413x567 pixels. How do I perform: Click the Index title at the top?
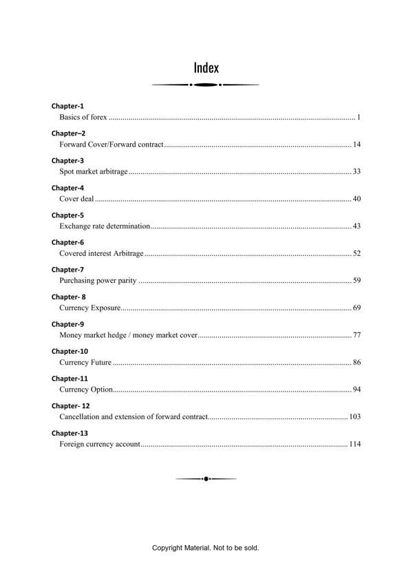pos(206,67)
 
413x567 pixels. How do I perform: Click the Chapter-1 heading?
pos(67,106)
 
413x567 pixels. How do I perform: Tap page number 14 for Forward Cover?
pos(357,145)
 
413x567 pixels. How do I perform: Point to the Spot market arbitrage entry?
pos(94,171)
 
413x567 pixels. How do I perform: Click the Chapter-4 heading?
pos(67,188)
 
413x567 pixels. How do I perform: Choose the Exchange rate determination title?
pos(105,226)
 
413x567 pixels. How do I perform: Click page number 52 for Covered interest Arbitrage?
pos(357,253)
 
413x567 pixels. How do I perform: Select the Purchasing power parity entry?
pos(98,281)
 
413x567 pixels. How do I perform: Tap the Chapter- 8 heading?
pos(68,297)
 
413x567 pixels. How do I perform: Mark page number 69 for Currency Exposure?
pos(357,308)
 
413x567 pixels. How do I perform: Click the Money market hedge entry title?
pos(128,335)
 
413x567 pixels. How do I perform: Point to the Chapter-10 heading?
pos(70,351)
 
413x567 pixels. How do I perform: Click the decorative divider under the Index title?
pos(205,85)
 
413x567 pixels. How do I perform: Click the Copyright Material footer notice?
pos(205,548)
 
